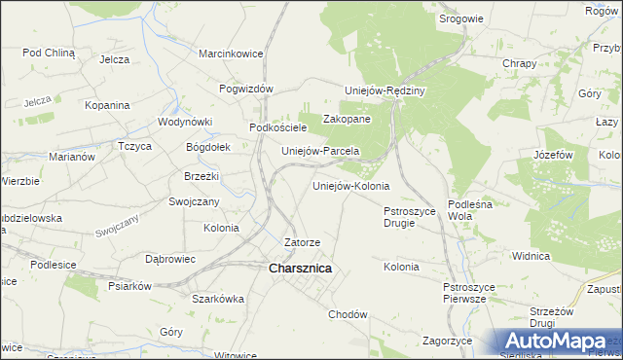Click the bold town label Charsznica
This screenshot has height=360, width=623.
(x=300, y=268)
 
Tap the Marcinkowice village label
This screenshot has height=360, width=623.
(x=232, y=54)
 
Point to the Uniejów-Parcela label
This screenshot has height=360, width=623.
(x=320, y=152)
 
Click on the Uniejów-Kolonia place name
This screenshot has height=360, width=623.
(x=350, y=185)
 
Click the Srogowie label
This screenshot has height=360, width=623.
(x=460, y=18)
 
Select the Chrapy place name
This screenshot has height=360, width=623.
(x=519, y=63)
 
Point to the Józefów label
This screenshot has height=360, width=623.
(x=552, y=155)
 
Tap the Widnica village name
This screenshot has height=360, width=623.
(x=531, y=256)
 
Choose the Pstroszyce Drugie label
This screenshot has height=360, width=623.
(x=413, y=216)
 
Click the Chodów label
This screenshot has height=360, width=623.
(x=348, y=314)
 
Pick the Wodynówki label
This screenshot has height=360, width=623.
(x=185, y=123)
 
